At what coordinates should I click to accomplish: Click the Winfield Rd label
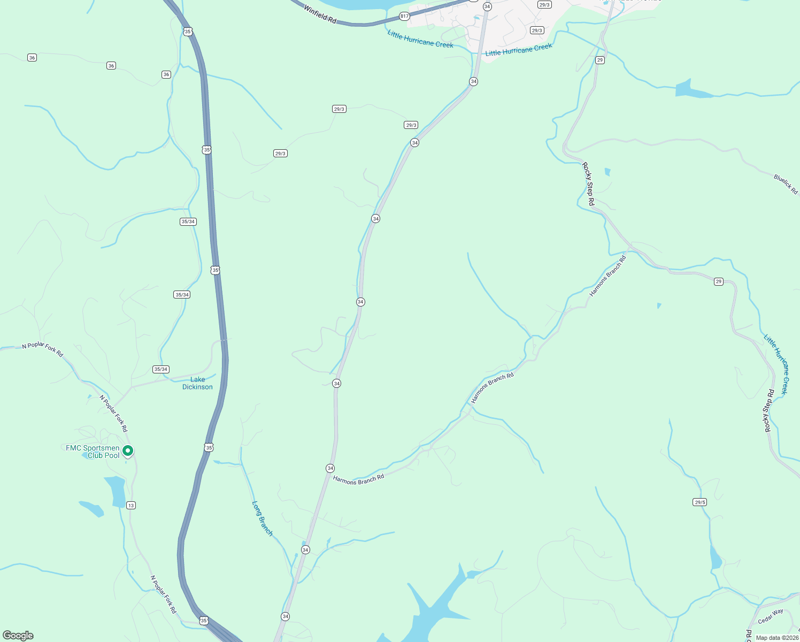pyautogui.click(x=320, y=13)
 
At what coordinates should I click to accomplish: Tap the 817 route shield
pyautogui.click(x=404, y=17)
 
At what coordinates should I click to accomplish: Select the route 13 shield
pyautogui.click(x=131, y=505)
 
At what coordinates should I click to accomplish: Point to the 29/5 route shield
pyautogui.click(x=700, y=502)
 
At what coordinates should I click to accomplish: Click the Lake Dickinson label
pyautogui.click(x=197, y=383)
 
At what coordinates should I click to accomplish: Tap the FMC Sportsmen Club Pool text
pyautogui.click(x=93, y=452)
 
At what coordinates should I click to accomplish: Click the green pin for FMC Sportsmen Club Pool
pyautogui.click(x=128, y=451)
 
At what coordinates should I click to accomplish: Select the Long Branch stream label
pyautogui.click(x=262, y=518)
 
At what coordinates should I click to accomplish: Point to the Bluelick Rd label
pyautogui.click(x=786, y=184)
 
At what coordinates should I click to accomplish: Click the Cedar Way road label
pyautogui.click(x=771, y=616)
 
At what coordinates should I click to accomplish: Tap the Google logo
pyautogui.click(x=18, y=636)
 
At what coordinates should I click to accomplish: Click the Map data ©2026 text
pyautogui.click(x=777, y=638)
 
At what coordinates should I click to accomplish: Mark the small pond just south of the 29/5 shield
pyautogui.click(x=715, y=559)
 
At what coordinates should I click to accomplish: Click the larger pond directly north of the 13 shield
pyautogui.click(x=116, y=491)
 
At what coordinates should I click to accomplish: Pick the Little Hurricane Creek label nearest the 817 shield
pyautogui.click(x=420, y=39)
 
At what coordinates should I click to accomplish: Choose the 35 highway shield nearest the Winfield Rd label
pyautogui.click(x=188, y=32)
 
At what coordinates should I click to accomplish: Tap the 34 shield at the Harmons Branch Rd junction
pyautogui.click(x=330, y=468)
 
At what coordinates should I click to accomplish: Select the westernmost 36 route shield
pyautogui.click(x=32, y=58)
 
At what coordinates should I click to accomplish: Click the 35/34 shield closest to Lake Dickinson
pyautogui.click(x=161, y=369)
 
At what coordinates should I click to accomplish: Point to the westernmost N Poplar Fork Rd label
pyautogui.click(x=43, y=349)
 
